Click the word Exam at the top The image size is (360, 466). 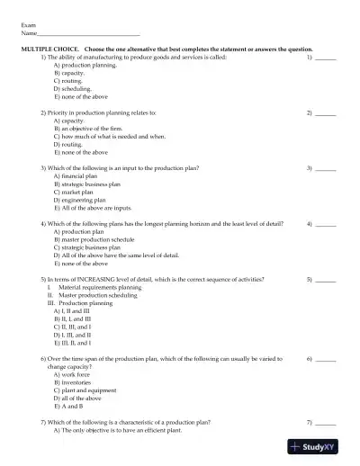pos(28,26)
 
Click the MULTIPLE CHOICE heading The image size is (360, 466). pos(51,49)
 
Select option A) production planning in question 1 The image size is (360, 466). pos(86,65)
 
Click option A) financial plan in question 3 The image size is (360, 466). pos(80,176)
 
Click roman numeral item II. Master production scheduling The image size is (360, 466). pos(97,295)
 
